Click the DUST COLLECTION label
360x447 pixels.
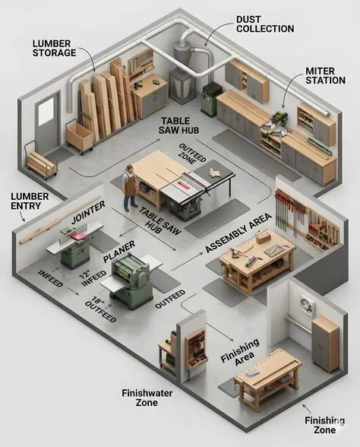[x=265, y=24]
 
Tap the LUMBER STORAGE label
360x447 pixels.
[x=54, y=48]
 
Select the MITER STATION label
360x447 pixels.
[x=326, y=75]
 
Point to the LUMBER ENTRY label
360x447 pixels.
[x=30, y=201]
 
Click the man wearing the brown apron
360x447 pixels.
[x=130, y=188]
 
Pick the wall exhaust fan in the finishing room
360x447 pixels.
[x=307, y=306]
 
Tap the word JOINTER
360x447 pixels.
[x=88, y=211]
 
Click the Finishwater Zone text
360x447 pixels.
[x=147, y=398]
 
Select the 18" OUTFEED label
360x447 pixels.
[x=100, y=309]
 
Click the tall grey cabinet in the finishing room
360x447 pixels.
[x=325, y=344]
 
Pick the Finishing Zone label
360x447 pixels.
[x=325, y=425]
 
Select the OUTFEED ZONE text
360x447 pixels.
[x=191, y=154]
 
